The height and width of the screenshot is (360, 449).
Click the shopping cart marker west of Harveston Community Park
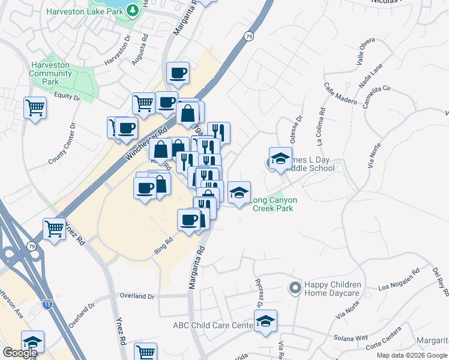click(x=35, y=109)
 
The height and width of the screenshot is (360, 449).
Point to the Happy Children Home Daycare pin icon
click(x=294, y=289)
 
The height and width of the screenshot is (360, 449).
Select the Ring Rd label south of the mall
click(x=163, y=245)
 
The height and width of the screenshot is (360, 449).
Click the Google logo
click(x=20, y=353)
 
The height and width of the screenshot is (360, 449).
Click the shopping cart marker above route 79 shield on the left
click(x=54, y=229)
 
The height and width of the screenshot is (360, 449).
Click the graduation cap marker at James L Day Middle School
click(x=280, y=158)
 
